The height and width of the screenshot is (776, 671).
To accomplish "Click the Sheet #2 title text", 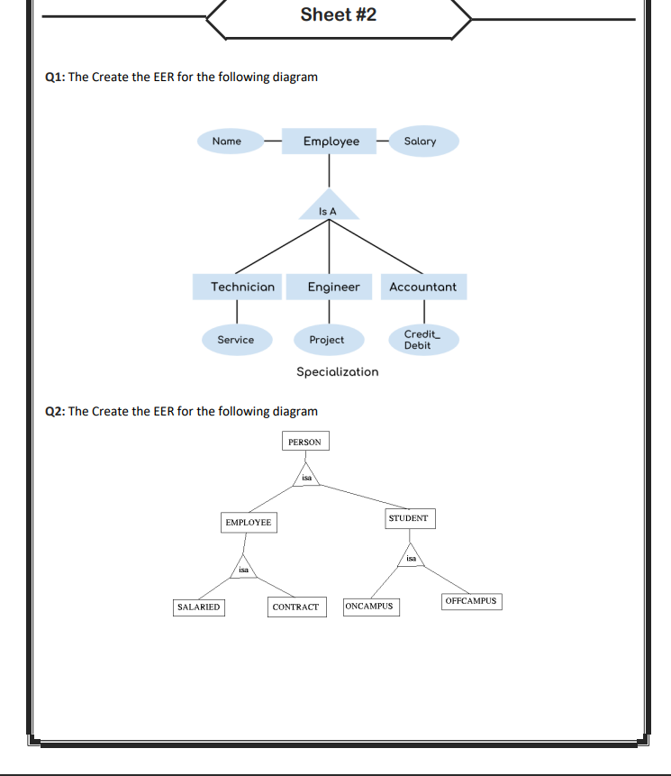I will pos(338,14).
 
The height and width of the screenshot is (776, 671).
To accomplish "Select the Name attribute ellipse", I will pos(227,142).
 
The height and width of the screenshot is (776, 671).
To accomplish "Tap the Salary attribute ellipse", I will pos(420,142).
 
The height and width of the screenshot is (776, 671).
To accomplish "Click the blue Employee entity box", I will pos(329,142).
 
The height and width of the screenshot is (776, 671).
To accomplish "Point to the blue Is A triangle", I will pos(328,207).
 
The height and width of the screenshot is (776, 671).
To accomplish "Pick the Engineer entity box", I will pos(333,288).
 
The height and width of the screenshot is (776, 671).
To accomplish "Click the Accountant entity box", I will pos(422,288).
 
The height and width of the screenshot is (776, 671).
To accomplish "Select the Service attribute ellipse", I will pos(236,340).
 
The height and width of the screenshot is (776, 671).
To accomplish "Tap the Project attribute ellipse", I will pos(327,340).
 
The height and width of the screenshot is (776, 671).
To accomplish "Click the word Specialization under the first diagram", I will pos(338,371).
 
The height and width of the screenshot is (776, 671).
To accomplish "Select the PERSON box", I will pos(304,442).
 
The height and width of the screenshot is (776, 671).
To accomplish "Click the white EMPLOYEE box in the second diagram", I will pos(248,523).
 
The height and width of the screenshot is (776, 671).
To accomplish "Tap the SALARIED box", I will pos(198,607).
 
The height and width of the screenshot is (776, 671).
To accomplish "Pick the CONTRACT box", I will pos(295,607).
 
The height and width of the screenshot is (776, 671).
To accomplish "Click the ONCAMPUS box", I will pos(369,606).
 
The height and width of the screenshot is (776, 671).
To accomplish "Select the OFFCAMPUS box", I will pos(470,600).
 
